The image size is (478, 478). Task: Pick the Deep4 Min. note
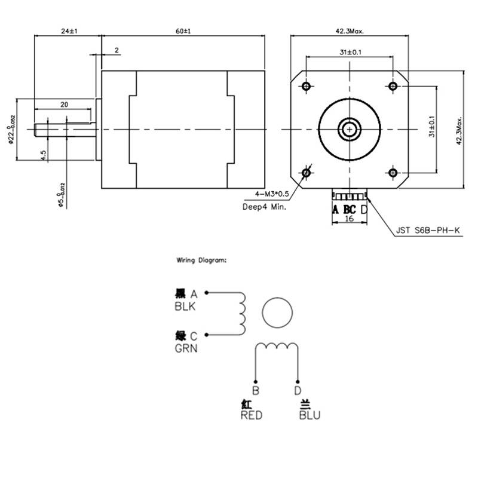click(x=264, y=207)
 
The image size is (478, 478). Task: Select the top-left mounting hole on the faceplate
click(x=307, y=87)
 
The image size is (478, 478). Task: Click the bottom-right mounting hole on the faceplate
click(x=393, y=173)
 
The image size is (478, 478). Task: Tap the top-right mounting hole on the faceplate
click(x=393, y=87)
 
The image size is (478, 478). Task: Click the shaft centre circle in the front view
click(x=349, y=128)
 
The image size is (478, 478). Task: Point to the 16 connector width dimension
click(x=350, y=219)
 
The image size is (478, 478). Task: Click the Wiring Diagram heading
click(x=201, y=261)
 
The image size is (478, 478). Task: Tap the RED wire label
click(x=251, y=415)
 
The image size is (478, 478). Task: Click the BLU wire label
click(x=309, y=415)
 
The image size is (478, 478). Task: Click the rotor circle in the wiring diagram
click(x=278, y=312)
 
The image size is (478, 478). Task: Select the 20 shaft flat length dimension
click(x=65, y=104)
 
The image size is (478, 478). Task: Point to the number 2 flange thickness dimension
click(x=117, y=50)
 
